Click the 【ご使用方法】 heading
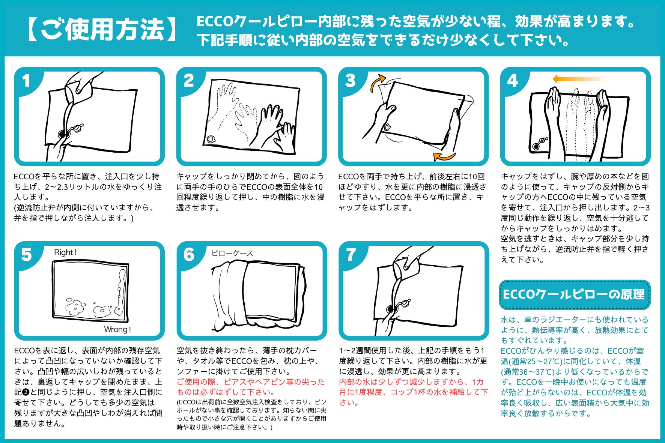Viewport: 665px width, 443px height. (101, 29)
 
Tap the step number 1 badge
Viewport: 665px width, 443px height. (26, 81)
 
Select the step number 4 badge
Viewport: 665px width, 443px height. (512, 81)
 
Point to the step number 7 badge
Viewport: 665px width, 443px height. (351, 255)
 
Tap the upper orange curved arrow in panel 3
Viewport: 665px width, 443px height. (377, 83)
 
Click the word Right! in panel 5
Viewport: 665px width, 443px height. (65, 252)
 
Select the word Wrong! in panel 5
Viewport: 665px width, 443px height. (117, 330)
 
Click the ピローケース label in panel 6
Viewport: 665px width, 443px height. (232, 253)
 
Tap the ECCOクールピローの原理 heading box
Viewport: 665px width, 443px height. (574, 294)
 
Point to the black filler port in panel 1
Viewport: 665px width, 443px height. (63, 134)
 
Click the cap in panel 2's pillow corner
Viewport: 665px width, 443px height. (211, 140)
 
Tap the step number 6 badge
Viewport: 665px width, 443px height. (189, 255)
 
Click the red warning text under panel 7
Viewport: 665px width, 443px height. (413, 392)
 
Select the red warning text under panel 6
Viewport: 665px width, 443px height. (251, 387)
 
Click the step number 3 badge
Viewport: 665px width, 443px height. (350, 81)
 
